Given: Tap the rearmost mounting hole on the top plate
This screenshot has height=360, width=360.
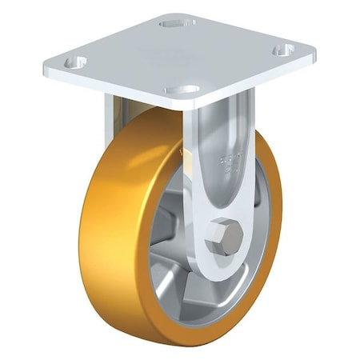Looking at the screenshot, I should coord(177,23).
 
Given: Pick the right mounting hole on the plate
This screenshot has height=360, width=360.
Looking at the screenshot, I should coord(282,50).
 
